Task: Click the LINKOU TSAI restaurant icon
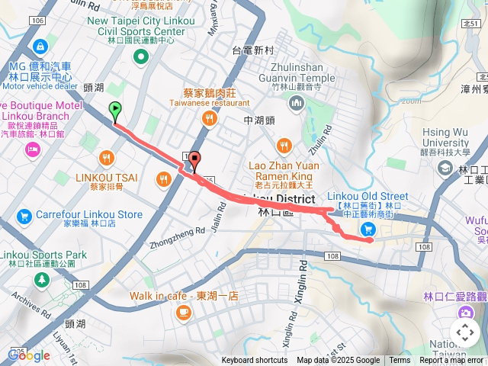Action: pyautogui.click(x=105, y=159)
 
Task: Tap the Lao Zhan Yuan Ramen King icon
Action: pyautogui.click(x=284, y=145)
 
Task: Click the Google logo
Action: pyautogui.click(x=29, y=355)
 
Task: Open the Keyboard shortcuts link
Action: pyautogui.click(x=255, y=361)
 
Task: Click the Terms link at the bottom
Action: pyautogui.click(x=400, y=361)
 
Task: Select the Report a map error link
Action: pyautogui.click(x=451, y=361)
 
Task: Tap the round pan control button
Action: pyautogui.click(x=464, y=332)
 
